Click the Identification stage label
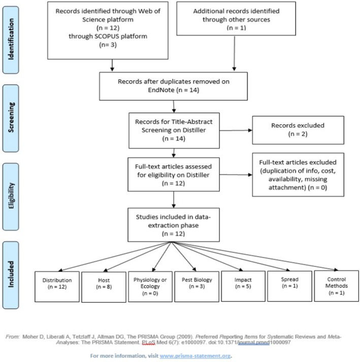coord(11,40)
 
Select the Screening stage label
coord(11,118)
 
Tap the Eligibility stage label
coord(11,196)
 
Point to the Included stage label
coord(11,275)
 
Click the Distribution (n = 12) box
coord(57,287)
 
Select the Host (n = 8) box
coord(104,287)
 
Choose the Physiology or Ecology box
coord(150,287)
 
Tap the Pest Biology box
coord(197,287)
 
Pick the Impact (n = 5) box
coord(243,286)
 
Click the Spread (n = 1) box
coord(289,286)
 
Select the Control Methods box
coord(337,286)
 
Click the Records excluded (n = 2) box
coord(298,130)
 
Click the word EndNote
coord(161,90)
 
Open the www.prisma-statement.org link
coord(195,356)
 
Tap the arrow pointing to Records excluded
coord(236,131)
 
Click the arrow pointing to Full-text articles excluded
coord(236,175)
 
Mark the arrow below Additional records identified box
coord(234,53)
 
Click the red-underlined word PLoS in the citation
coord(149,342)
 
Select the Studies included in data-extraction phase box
coord(174,225)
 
